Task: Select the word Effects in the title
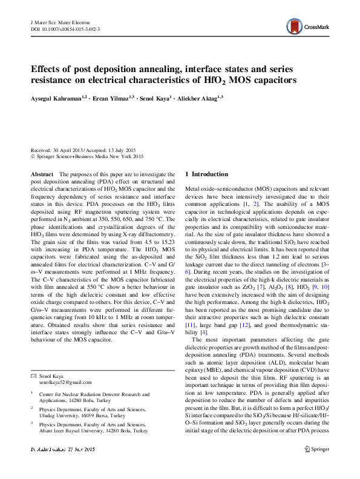[48, 68]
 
